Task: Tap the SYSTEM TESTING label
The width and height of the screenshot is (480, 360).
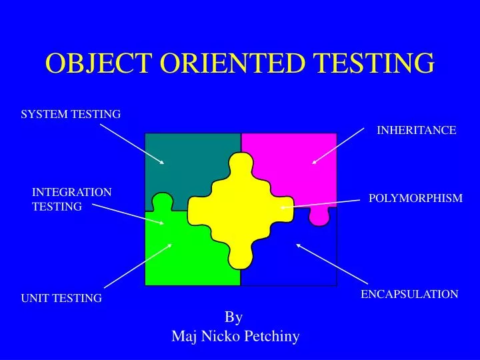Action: pos(71,115)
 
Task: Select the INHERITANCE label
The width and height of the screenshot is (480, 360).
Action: pos(417,131)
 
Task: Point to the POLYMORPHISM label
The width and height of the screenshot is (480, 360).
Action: pos(415,198)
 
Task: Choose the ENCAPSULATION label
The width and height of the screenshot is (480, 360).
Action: pos(409,294)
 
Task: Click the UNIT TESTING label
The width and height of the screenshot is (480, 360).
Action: pos(61,298)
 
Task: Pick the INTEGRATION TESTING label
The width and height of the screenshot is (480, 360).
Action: pos(72,199)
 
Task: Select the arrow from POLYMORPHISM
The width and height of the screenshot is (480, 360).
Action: pos(320,204)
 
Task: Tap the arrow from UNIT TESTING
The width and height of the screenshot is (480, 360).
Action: pos(138,265)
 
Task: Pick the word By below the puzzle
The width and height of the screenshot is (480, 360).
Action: pos(233,317)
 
